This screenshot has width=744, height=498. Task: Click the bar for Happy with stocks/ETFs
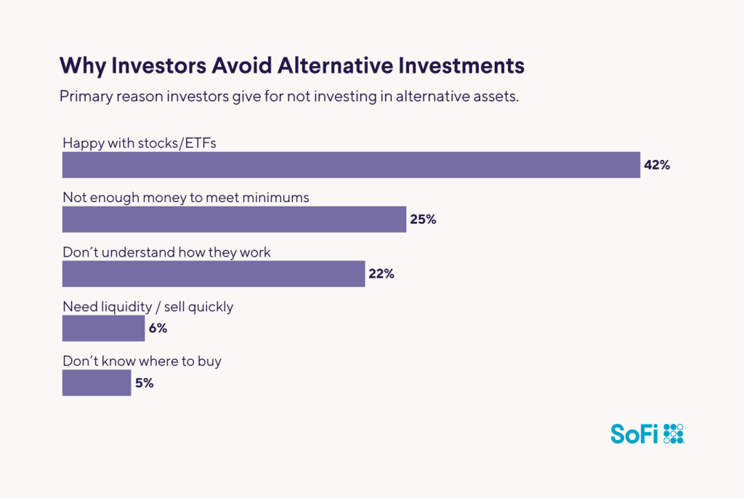click(351, 165)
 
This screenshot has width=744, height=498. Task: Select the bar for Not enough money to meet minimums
click(234, 220)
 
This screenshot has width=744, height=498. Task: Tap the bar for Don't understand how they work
click(214, 274)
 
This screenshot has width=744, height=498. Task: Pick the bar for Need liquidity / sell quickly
click(103, 329)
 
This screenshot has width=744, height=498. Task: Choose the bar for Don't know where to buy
click(97, 383)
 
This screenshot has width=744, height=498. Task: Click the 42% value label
click(656, 165)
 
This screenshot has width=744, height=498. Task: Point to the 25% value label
click(423, 220)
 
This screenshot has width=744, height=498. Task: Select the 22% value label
click(381, 274)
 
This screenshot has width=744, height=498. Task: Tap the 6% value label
click(158, 329)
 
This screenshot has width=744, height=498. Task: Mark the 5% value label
click(145, 383)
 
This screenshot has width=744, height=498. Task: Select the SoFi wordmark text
click(634, 435)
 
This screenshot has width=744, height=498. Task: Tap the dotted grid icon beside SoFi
click(674, 433)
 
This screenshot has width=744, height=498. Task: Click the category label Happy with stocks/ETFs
click(139, 142)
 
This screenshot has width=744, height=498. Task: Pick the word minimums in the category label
click(272, 197)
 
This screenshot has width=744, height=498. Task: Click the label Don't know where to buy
click(142, 361)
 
